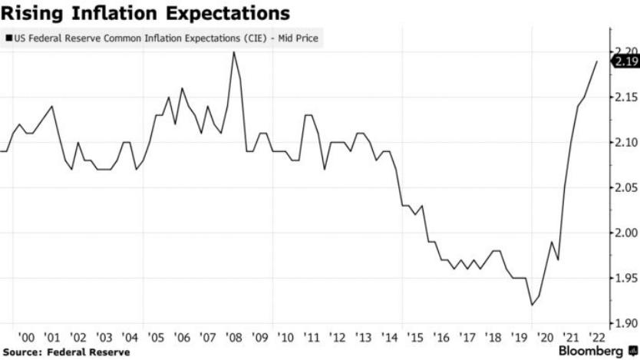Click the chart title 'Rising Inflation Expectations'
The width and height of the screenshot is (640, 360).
[x=146, y=14]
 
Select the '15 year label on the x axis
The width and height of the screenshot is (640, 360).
[x=415, y=338]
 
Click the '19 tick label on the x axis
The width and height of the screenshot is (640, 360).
[x=519, y=338]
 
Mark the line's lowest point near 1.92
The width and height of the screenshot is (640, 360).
[x=531, y=306]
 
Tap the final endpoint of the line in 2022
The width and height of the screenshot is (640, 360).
[x=597, y=61]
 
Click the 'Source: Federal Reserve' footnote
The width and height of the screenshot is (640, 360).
[x=65, y=352]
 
